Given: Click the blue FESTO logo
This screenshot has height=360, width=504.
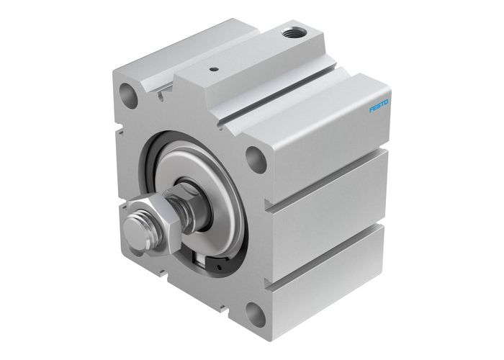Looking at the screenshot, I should coord(379,105).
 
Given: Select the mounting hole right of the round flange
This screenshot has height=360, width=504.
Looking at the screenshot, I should coord(255,156).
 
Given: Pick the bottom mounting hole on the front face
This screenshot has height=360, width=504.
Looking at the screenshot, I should coord(253,312).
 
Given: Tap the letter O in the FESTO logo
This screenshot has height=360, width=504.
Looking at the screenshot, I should coord(387,102).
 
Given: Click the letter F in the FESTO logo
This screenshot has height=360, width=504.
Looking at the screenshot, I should coord(372,110).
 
